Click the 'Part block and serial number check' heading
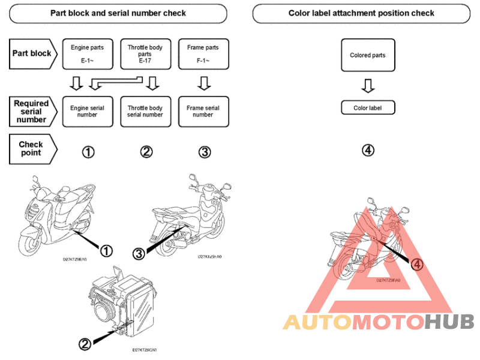click(118, 13)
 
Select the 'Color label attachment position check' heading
click(361, 13)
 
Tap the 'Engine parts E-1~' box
click(87, 53)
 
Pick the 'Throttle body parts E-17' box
click(145, 53)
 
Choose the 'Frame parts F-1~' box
click(203, 53)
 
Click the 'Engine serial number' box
click(87, 112)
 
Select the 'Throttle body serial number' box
click(145, 112)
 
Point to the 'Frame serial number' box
click(203, 112)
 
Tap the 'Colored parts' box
click(368, 55)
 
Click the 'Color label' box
click(368, 108)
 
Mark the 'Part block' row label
click(33, 53)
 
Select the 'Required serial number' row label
click(33, 112)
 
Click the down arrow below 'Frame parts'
click(204, 82)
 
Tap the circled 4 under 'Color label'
click(368, 150)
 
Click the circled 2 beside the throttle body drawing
click(85, 344)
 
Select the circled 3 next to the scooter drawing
click(139, 254)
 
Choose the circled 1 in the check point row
click(88, 152)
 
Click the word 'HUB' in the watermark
click(449, 322)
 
